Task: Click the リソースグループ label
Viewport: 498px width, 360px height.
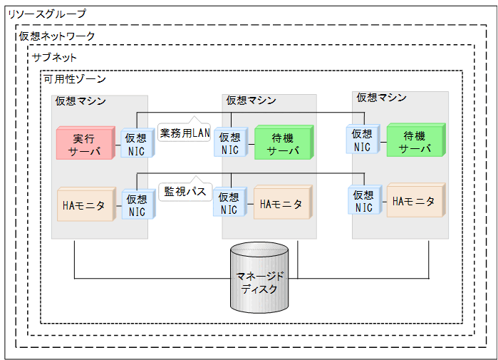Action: point(46,14)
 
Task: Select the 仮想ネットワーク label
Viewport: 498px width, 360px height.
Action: point(57,36)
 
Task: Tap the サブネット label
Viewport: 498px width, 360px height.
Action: point(54,57)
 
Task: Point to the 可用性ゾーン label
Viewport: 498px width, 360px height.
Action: point(74,78)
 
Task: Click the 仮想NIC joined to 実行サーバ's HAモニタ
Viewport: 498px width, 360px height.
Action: point(135,205)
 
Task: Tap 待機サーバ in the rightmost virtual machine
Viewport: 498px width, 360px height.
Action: point(415,142)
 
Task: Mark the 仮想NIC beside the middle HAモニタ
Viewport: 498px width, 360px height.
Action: point(229,204)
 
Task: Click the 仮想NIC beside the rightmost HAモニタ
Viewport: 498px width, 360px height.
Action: point(363,201)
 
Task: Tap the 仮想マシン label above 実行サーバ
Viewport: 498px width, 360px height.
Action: point(81,101)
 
